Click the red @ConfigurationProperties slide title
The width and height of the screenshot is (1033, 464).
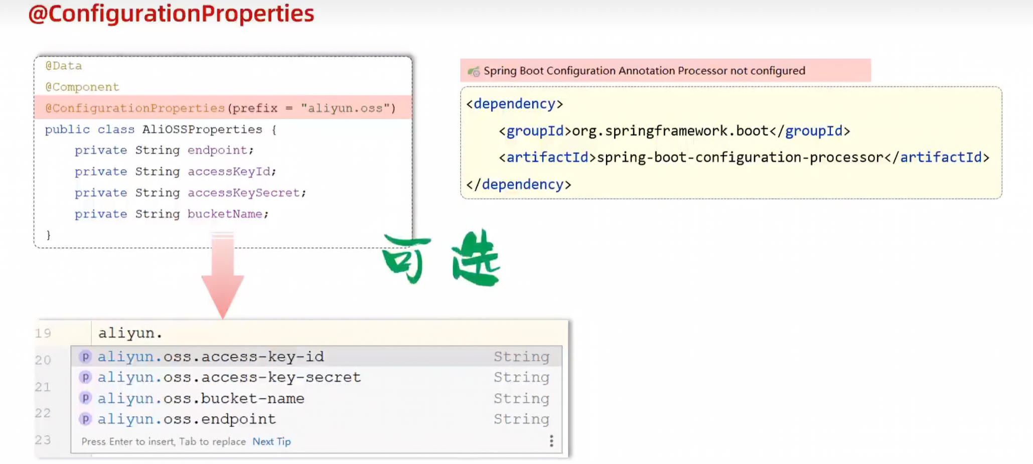[x=171, y=14]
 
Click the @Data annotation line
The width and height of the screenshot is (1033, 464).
[x=64, y=66]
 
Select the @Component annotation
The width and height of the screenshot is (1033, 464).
[x=82, y=87]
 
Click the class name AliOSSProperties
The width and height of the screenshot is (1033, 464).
[x=202, y=129]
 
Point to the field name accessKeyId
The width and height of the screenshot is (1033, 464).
[x=230, y=172]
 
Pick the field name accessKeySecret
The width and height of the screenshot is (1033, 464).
[x=244, y=193]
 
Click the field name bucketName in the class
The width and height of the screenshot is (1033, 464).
[x=225, y=214]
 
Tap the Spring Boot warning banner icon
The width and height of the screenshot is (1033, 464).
[x=474, y=71]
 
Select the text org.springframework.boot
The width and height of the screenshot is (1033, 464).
[x=670, y=131]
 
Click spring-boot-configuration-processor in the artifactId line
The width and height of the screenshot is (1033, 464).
[x=740, y=158]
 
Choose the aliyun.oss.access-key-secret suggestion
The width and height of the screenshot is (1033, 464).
[x=229, y=377]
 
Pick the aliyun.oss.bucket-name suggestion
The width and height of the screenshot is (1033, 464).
[x=201, y=399]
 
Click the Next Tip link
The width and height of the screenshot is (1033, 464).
[x=271, y=441]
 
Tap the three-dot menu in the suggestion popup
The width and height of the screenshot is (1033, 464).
[x=551, y=441]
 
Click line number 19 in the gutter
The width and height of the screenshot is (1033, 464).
[x=43, y=333]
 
